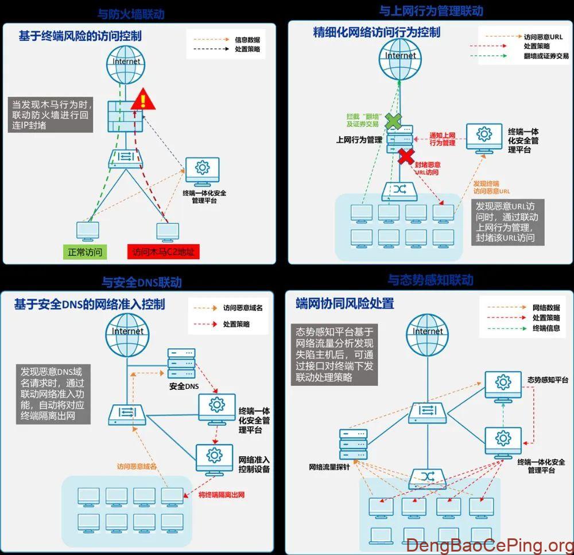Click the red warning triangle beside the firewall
click(142, 101)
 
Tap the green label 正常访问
click(85, 252)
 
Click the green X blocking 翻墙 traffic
click(393, 121)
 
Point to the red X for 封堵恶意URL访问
click(406, 156)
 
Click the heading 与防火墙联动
click(135, 13)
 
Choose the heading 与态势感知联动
click(430, 280)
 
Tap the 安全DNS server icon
click(181, 364)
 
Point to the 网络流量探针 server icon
click(353, 444)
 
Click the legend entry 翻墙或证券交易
click(546, 56)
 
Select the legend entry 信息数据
click(247, 40)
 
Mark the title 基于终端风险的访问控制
click(80, 36)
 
